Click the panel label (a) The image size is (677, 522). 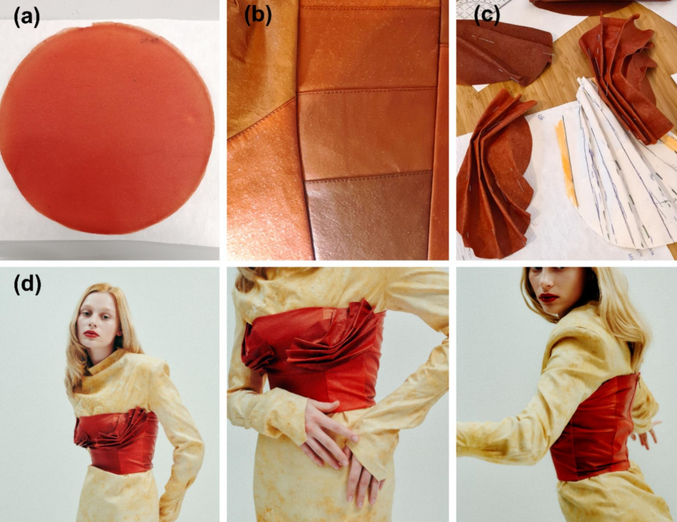(x=27, y=18)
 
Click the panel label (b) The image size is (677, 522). (x=258, y=17)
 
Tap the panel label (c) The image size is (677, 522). (x=486, y=16)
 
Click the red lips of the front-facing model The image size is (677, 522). (x=92, y=334)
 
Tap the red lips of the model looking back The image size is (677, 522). (x=549, y=298)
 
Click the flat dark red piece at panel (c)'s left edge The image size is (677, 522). (x=503, y=52)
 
